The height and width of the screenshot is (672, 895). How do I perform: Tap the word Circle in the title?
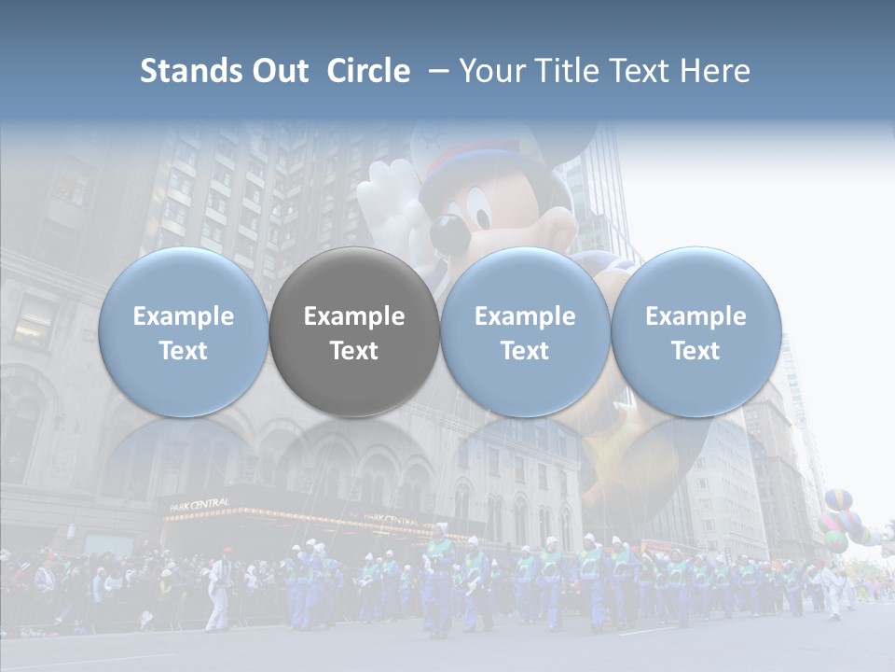point(368,71)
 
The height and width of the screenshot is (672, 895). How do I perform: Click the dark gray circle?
point(354,332)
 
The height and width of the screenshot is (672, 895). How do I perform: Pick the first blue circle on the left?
point(184,332)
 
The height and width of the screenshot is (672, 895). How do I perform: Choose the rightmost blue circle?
point(695,332)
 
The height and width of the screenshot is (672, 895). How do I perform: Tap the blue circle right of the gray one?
point(525,332)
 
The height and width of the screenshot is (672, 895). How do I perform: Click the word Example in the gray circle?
point(354,316)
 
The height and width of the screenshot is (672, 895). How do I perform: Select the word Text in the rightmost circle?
point(695,351)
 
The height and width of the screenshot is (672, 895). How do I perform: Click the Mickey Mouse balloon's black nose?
point(446,231)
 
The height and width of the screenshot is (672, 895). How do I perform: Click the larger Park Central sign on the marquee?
point(200,505)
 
